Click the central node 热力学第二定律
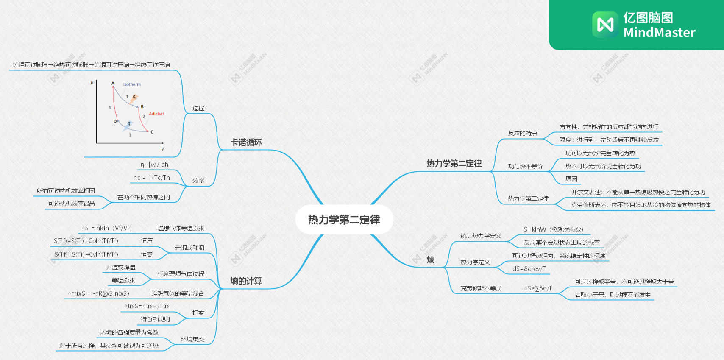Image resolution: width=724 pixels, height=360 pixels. (x=344, y=220)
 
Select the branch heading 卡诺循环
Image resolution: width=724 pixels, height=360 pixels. (x=246, y=142)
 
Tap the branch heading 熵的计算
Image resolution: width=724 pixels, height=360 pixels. (x=246, y=281)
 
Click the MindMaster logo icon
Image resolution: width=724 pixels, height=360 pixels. (x=605, y=25)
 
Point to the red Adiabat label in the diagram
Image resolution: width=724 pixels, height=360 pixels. (x=156, y=114)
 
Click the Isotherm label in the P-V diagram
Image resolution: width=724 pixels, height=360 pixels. (x=132, y=84)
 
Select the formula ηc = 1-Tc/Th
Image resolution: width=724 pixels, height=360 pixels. (x=151, y=178)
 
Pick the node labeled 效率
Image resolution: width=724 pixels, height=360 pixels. (x=198, y=181)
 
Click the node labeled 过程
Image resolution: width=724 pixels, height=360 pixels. (x=198, y=108)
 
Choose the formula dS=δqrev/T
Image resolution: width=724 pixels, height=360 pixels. (x=529, y=269)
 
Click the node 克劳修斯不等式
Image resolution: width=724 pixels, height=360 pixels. (x=481, y=288)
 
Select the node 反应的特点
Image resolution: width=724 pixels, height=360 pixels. (x=522, y=133)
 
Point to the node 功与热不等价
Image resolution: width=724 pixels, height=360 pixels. (x=525, y=166)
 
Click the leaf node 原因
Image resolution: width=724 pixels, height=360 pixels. (x=571, y=179)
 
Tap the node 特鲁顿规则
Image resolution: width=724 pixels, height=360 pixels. (x=155, y=319)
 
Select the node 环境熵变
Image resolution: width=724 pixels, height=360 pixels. (x=192, y=339)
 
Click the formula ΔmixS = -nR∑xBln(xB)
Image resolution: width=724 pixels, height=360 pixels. (x=98, y=293)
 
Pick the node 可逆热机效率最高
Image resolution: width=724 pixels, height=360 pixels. (x=71, y=204)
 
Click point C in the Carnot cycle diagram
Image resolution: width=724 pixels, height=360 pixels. (x=151, y=132)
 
